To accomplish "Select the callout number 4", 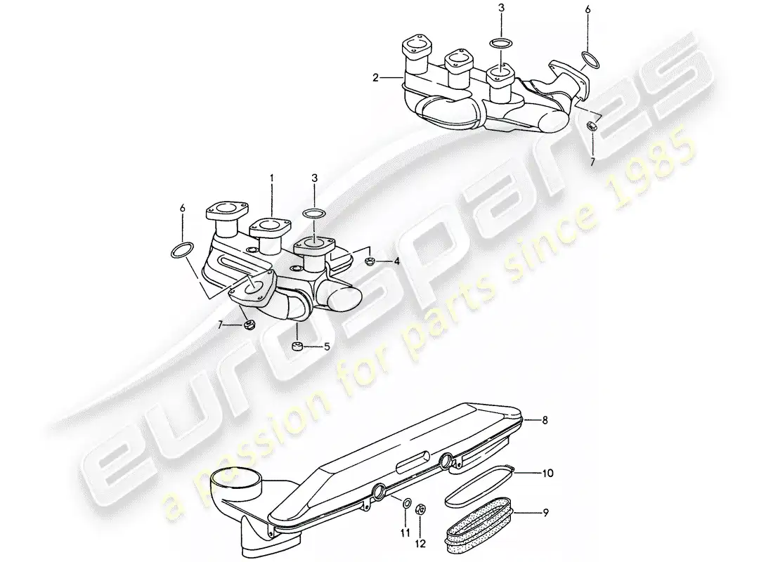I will [x=396, y=261].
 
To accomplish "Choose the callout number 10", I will [x=546, y=473].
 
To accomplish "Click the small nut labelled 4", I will [x=370, y=262].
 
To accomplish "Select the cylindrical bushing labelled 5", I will [x=297, y=346].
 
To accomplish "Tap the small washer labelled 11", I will [x=408, y=503].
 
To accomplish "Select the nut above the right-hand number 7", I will [x=591, y=126].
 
